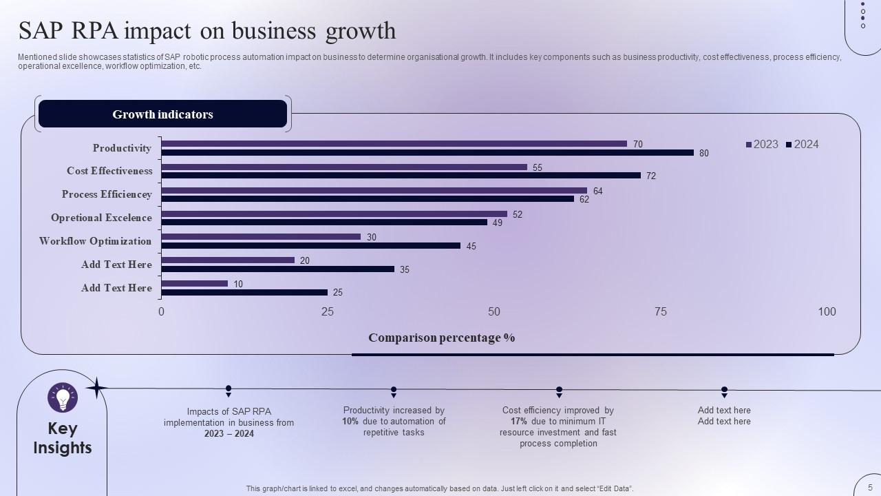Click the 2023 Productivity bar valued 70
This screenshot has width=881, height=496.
coord(394,144)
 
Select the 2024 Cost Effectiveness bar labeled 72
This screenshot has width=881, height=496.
coord(401,176)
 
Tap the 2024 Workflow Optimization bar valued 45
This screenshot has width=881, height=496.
coord(310,245)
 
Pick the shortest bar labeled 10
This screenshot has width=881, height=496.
coord(194,283)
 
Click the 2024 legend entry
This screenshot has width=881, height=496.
coord(803,144)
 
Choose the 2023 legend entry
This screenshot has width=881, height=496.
coord(762,144)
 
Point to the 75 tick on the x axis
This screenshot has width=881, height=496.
coord(660,311)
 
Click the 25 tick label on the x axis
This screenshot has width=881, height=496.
coord(328,311)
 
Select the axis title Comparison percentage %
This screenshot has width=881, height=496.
coord(441,338)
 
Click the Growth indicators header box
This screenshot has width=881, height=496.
coord(162,114)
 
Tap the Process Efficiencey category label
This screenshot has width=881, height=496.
coord(107,194)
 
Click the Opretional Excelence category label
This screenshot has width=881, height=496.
coord(101,218)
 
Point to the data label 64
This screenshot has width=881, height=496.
coord(597,191)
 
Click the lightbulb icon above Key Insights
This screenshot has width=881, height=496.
coord(63,397)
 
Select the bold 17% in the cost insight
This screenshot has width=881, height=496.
coord(519,421)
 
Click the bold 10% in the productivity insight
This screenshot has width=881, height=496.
coord(350,421)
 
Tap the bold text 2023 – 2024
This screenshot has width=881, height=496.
coord(229,433)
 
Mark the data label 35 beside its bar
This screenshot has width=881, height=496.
coord(404,269)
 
